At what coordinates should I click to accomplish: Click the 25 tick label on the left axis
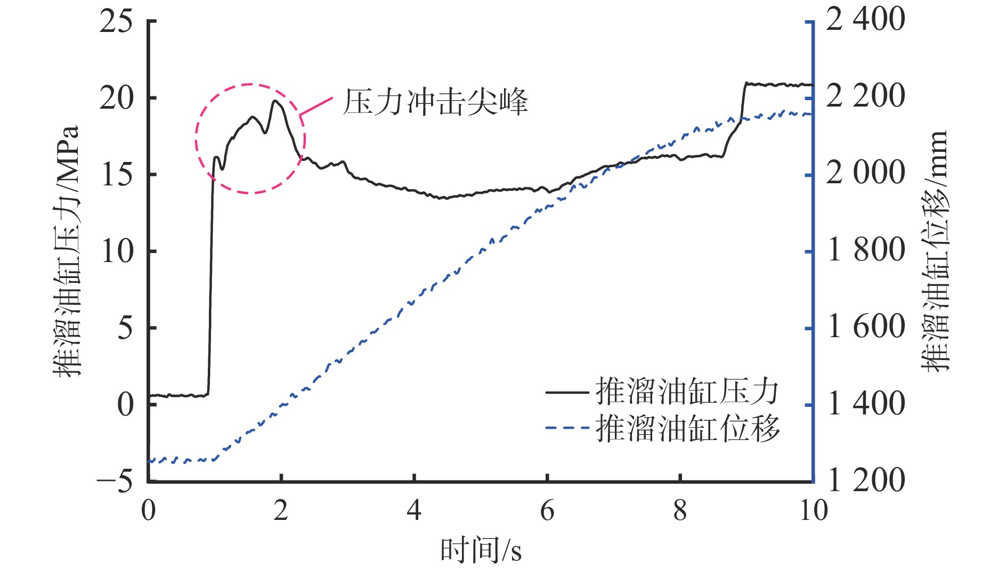point(116,22)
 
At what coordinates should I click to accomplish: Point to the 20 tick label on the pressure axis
point(116,98)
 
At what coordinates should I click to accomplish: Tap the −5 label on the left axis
point(115,481)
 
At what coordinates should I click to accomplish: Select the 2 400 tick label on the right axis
point(865,20)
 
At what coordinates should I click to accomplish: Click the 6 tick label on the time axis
point(547,511)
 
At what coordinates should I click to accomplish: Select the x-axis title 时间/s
point(481,550)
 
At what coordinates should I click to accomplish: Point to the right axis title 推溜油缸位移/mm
point(935,250)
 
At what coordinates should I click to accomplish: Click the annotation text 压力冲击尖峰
point(435,102)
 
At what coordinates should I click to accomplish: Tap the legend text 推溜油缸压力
point(687,392)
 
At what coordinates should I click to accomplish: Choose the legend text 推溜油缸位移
point(687,428)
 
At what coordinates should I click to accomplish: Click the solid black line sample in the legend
point(566,393)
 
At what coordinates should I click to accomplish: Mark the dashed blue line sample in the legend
point(566,428)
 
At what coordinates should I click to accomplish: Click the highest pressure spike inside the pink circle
point(276,101)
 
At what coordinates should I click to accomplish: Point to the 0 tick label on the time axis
point(149,511)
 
